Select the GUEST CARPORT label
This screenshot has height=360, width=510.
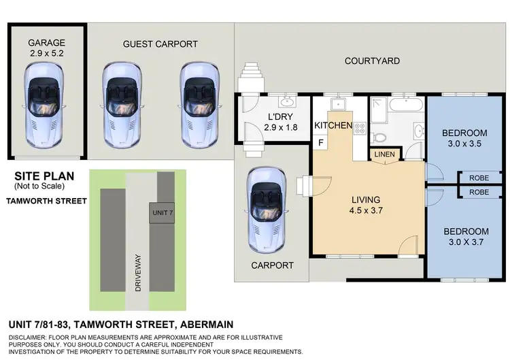coord(160,44)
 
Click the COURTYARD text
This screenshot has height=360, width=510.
coord(372,61)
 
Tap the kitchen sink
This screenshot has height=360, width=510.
coord(337,105)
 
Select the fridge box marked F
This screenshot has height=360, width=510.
coord(320,142)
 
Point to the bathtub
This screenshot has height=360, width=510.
coord(404,107)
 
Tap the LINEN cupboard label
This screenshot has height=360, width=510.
coord(384,154)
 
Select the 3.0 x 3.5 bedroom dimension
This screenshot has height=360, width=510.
coord(465,144)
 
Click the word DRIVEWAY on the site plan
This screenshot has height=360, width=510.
coord(139,259)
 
